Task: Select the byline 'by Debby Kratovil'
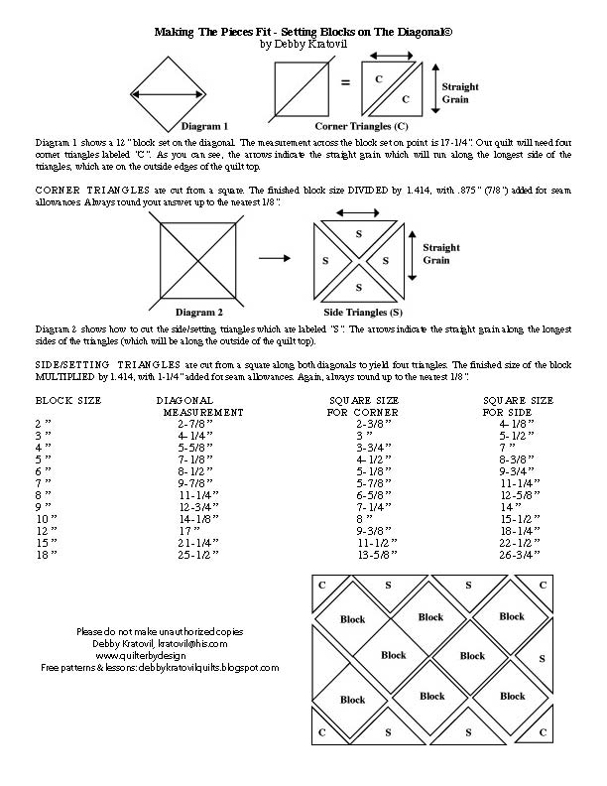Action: click(x=303, y=44)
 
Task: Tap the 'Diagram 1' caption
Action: click(x=204, y=127)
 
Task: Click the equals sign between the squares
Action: click(x=344, y=83)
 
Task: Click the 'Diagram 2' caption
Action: click(x=203, y=312)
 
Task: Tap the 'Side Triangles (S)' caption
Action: click(x=364, y=312)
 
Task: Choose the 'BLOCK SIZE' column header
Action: click(x=68, y=400)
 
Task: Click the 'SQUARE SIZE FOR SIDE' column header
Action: click(x=517, y=405)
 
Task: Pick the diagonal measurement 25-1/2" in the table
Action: click(x=198, y=555)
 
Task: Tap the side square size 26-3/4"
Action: click(x=521, y=555)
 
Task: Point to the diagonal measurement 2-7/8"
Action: click(x=198, y=423)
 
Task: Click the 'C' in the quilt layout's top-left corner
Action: click(x=321, y=585)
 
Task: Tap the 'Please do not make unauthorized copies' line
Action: click(x=160, y=631)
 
